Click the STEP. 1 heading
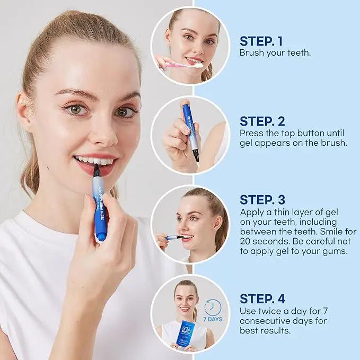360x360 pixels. tap(261, 41)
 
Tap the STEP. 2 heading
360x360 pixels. tap(262, 121)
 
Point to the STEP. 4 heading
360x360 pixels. tap(262, 298)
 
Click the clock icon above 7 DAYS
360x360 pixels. tap(213, 307)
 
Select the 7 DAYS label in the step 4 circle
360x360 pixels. tap(213, 319)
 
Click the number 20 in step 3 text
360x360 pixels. tap(245, 242)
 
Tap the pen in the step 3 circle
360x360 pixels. tap(175, 237)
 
